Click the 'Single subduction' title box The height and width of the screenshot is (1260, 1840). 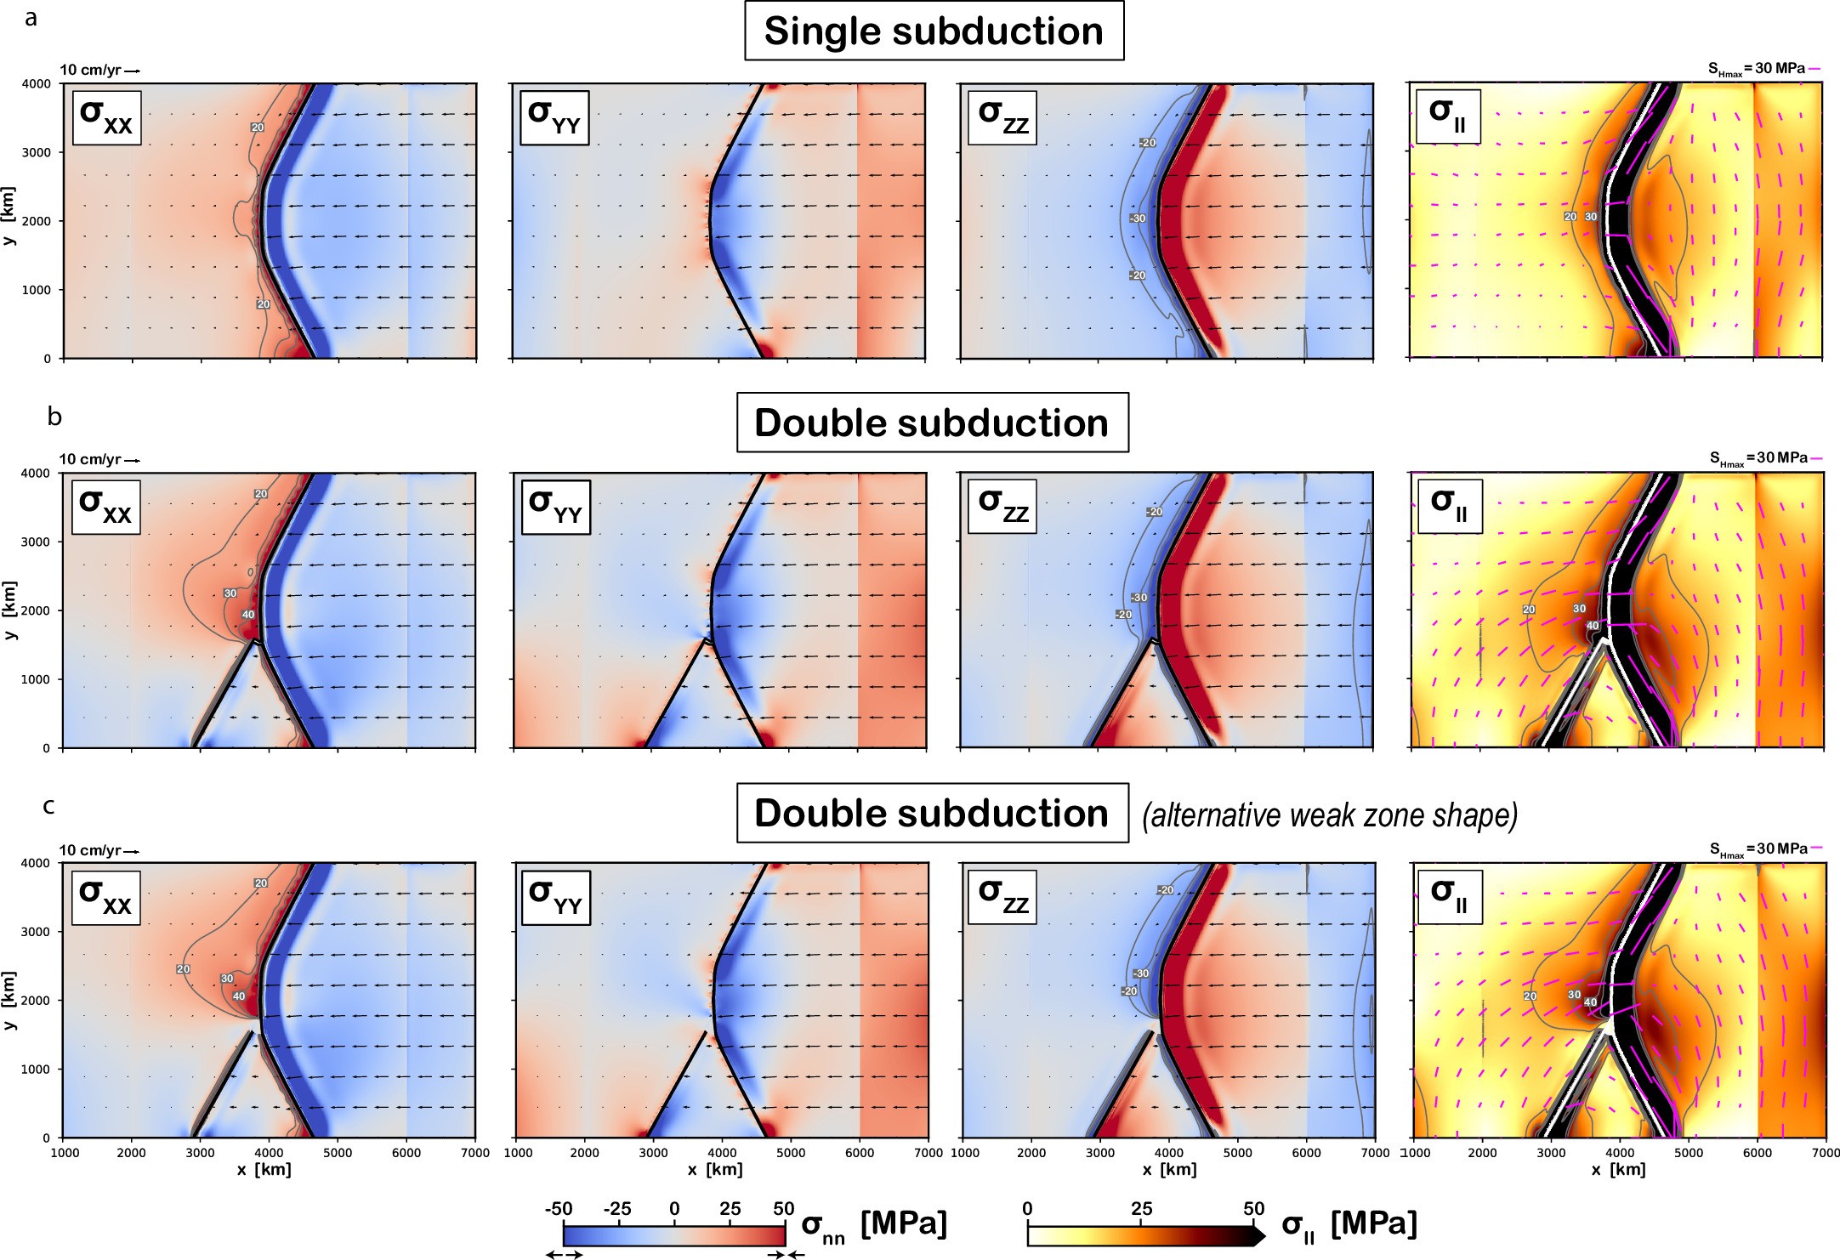934,31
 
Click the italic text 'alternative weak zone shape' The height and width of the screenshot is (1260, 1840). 1330,815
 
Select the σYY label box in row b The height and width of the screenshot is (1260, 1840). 555,507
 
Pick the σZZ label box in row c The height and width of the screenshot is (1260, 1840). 1004,897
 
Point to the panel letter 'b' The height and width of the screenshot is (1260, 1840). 54,417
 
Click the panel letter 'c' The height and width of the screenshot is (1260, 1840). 48,805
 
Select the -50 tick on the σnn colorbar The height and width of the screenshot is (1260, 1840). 558,1209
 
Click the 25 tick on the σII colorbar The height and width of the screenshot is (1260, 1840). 1141,1209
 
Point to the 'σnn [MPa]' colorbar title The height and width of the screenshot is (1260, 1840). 874,1227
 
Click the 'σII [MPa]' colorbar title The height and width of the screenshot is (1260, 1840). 1350,1225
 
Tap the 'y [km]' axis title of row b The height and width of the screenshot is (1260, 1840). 9,611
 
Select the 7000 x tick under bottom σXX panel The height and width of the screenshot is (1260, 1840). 474,1153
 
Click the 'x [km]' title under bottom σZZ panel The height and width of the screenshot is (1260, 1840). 1170,1170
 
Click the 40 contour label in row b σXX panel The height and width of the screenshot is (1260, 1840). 247,615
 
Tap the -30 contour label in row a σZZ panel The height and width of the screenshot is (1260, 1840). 1138,219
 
